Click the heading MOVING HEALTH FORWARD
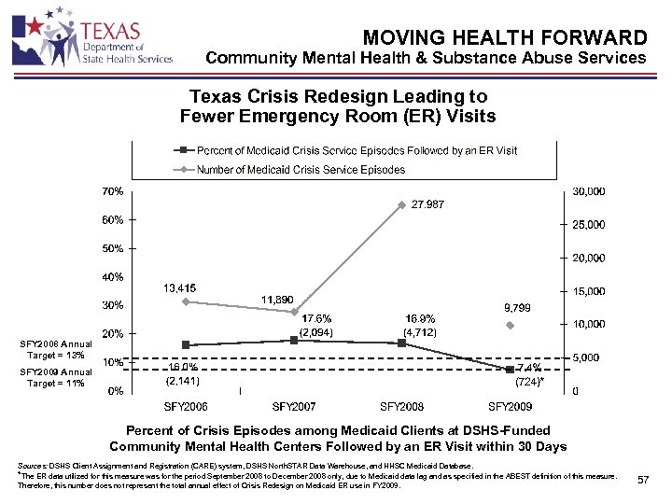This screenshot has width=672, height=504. click(505, 37)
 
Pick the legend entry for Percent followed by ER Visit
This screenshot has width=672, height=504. click(344, 150)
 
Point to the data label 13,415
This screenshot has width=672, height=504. click(184, 286)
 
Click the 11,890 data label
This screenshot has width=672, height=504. click(281, 299)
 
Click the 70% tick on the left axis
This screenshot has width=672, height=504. click(112, 191)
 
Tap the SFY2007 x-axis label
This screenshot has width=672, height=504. click(295, 407)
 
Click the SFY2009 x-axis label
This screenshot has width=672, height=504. click(511, 407)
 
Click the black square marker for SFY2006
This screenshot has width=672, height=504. click(186, 345)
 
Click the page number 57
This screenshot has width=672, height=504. click(642, 480)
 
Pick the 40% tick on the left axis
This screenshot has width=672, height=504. click(112, 276)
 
